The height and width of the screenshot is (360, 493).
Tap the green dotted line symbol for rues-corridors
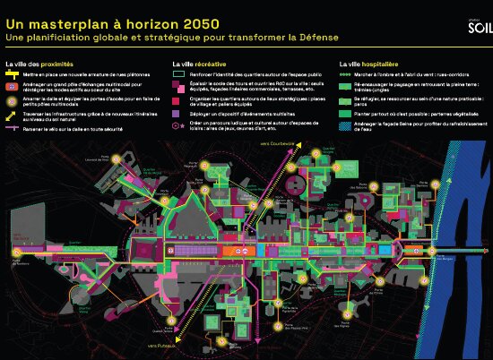(x=344, y=75)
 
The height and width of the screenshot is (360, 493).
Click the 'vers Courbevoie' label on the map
(x=273, y=142)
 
